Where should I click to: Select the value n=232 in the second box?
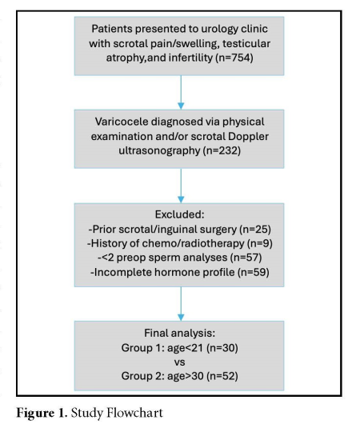click(x=222, y=150)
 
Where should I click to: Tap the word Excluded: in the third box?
click(x=179, y=214)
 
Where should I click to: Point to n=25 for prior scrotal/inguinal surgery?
click(x=255, y=229)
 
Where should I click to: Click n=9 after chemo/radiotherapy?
click(x=259, y=243)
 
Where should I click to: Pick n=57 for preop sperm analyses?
click(x=246, y=258)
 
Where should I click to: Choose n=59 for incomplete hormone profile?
click(x=254, y=272)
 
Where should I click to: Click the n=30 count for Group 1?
click(x=222, y=348)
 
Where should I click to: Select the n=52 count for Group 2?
click(x=222, y=376)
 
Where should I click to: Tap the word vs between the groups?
click(x=179, y=362)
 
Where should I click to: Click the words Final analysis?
click(x=179, y=333)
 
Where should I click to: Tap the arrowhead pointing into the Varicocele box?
click(x=181, y=106)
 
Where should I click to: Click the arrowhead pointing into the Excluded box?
click(x=181, y=199)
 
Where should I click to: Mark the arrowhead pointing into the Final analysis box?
click(x=181, y=317)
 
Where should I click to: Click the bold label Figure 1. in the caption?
click(x=42, y=413)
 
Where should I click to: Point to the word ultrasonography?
click(x=159, y=150)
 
